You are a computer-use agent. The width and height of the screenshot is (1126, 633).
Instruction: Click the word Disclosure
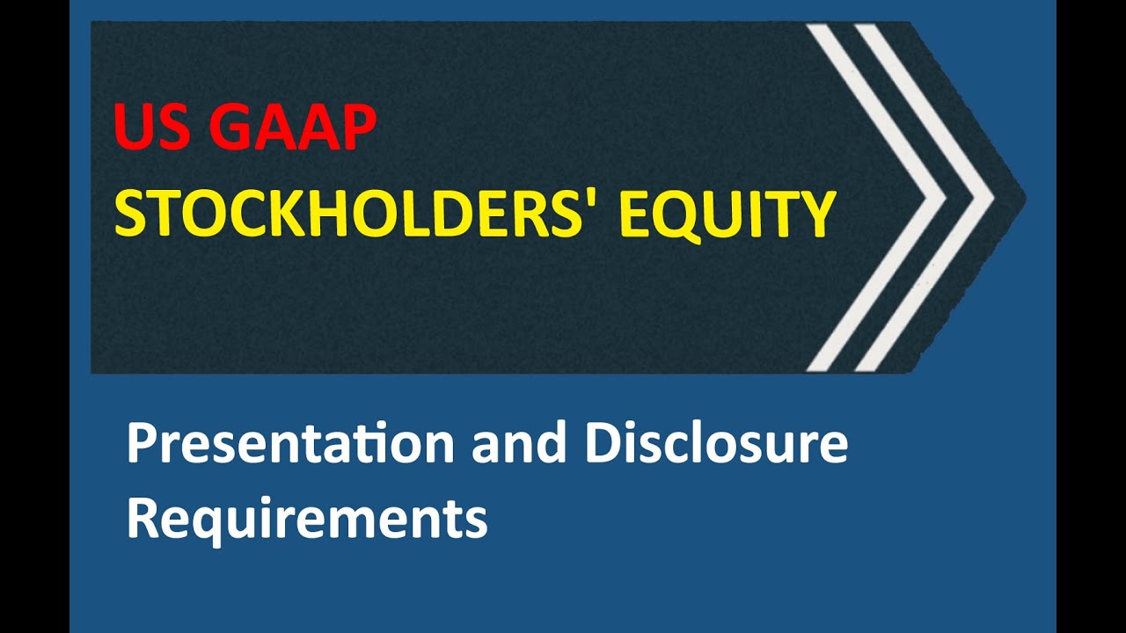click(716, 444)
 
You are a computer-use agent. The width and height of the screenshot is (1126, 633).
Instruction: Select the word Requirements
click(307, 519)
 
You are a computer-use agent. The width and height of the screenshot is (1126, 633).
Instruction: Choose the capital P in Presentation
click(143, 444)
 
